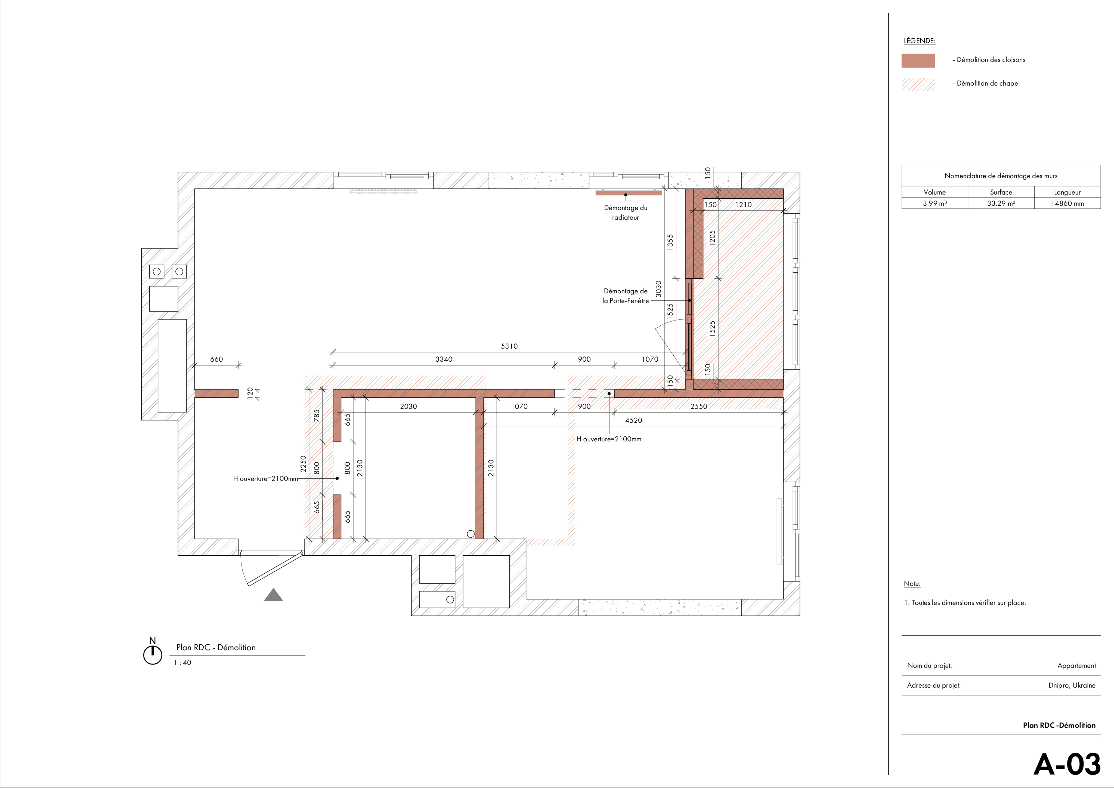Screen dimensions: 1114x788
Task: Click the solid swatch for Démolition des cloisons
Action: coord(918,60)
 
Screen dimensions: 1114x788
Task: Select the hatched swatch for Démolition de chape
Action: coord(918,84)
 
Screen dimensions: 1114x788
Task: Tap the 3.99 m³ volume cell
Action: coord(934,204)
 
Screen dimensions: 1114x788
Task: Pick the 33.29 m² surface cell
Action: coord(1001,204)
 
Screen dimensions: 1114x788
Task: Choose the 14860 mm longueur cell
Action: coord(1067,204)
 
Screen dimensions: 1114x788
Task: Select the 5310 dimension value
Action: coord(509,346)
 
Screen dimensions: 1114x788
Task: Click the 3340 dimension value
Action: coord(444,359)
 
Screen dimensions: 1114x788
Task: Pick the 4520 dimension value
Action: coord(633,420)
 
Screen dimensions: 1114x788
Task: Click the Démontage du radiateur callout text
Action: coord(626,213)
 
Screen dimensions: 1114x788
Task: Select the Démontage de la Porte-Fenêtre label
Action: coord(626,296)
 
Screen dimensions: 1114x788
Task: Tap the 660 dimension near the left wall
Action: coord(216,359)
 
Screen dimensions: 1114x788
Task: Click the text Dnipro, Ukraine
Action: coord(1072,686)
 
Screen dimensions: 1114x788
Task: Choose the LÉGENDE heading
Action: coord(920,41)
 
